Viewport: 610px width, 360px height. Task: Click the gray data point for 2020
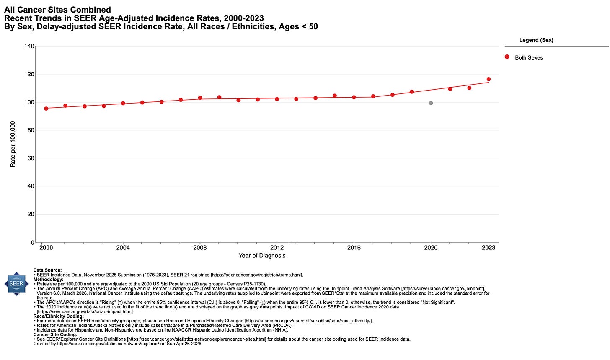431,103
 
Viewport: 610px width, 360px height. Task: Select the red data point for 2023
489,79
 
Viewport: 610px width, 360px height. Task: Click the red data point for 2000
46,109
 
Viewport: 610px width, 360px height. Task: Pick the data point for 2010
238,100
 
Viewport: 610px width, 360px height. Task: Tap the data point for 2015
335,96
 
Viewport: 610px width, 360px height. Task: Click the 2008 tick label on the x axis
200,248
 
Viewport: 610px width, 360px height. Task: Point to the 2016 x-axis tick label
354,248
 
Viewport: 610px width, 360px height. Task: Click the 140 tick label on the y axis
29,46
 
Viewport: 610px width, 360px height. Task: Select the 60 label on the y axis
31,158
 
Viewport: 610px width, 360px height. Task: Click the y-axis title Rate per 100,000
13,144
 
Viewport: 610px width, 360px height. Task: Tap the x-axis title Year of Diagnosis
262,256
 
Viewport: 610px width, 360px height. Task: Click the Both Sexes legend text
529,58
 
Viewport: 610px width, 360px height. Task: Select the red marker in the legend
507,57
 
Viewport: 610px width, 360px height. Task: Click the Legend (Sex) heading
536,40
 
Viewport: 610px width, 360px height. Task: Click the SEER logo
16,284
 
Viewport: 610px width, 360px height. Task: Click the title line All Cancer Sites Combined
57,10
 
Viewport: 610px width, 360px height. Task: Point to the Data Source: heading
47,270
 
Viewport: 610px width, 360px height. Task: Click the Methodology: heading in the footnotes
48,279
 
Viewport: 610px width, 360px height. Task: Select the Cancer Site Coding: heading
55,334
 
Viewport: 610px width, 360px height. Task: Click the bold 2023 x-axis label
489,248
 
